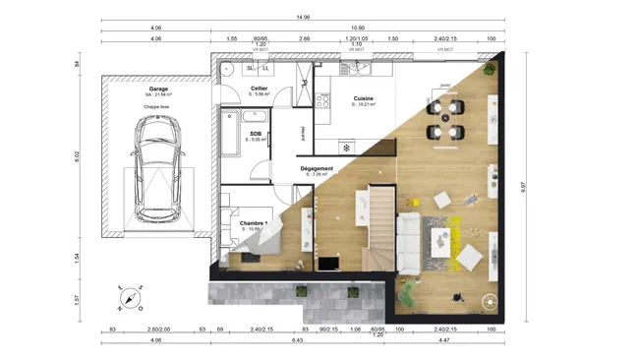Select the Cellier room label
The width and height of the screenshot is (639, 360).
260,89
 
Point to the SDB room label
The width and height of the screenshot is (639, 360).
256,134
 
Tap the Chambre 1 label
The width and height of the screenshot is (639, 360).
254,223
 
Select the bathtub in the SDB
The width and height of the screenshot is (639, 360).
232,134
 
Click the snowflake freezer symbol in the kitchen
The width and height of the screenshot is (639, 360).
346,148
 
